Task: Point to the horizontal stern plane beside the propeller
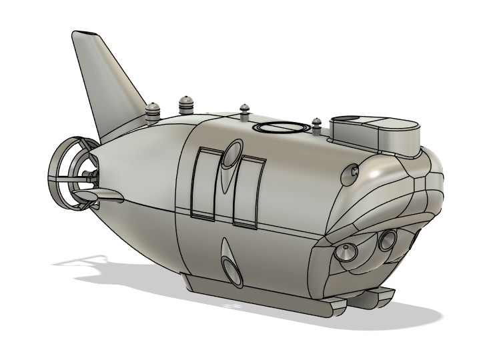100,194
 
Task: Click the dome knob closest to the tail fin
154,111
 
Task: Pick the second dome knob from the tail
185,103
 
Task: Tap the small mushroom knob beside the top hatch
245,109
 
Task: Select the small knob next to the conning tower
317,124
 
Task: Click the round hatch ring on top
279,127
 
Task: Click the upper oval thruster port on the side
233,155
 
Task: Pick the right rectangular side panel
252,190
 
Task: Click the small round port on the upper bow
353,173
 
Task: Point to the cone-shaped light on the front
347,253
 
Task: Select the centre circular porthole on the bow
387,241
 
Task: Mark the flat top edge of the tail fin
87,33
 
